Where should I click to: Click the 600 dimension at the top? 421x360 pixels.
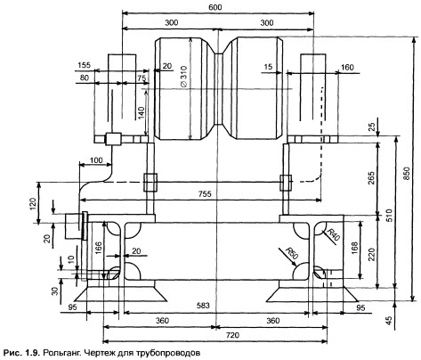pos(215,7)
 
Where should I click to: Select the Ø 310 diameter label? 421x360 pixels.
pos(183,77)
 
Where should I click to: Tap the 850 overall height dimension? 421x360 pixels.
pos(406,174)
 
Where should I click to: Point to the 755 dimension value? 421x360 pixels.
pos(205,193)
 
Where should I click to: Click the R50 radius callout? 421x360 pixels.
pos(291,253)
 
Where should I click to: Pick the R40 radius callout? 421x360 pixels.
pos(333,234)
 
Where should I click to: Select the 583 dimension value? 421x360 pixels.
pos(203,305)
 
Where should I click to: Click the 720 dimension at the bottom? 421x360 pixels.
pos(232,335)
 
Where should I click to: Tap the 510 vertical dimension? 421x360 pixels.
pos(389,216)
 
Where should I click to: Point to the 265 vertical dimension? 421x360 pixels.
pos(371,178)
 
